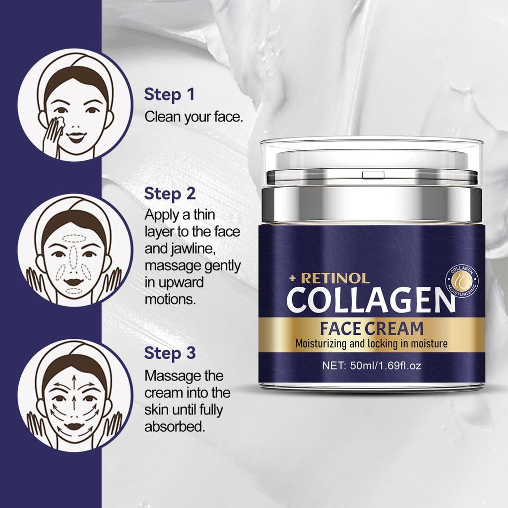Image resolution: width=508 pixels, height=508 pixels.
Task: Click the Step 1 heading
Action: click(x=170, y=95)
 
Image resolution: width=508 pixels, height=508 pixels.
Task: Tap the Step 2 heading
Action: click(x=170, y=194)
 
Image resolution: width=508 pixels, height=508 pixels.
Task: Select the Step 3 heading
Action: click(x=170, y=353)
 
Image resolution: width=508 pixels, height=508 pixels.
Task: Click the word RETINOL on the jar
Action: click(x=335, y=278)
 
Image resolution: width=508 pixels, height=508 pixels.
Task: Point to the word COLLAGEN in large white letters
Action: click(x=371, y=300)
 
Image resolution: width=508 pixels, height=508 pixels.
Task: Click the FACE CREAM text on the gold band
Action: click(x=372, y=328)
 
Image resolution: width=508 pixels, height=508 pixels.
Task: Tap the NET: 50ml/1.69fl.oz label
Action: click(x=372, y=366)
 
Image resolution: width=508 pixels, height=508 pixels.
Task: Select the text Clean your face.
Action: click(x=194, y=117)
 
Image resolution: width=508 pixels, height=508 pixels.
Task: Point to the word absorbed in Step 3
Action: click(x=175, y=427)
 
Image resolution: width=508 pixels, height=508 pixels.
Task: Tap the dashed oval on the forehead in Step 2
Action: click(x=74, y=239)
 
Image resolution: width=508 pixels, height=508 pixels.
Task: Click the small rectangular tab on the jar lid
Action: click(x=373, y=175)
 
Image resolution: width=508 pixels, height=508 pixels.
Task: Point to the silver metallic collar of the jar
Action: click(x=371, y=203)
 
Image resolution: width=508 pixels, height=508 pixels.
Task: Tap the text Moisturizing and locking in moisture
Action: click(x=372, y=344)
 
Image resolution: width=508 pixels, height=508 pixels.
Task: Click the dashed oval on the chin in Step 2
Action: click(x=74, y=290)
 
